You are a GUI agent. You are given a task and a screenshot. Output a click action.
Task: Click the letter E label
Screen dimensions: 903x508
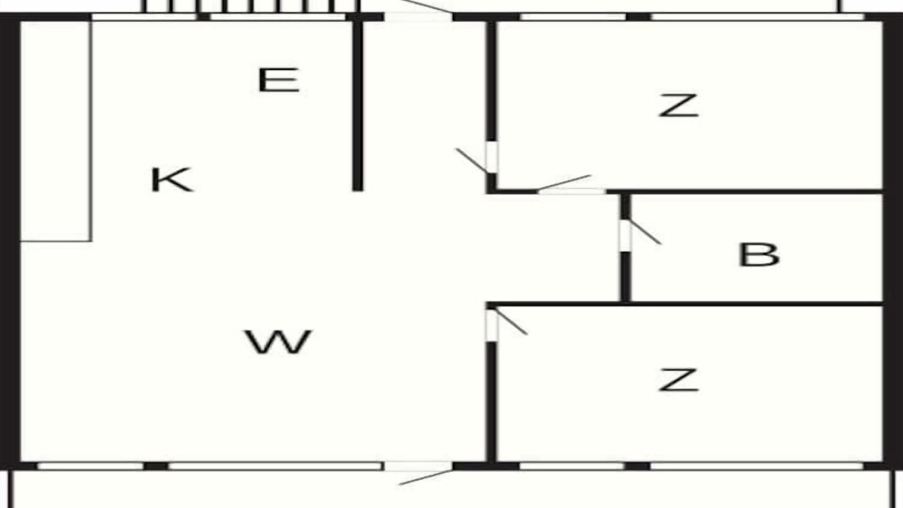279,80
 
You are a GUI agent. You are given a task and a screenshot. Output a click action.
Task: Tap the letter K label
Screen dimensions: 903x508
172,180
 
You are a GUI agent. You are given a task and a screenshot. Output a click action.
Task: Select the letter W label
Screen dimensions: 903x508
279,342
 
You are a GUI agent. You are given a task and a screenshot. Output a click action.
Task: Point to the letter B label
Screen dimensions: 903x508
759,255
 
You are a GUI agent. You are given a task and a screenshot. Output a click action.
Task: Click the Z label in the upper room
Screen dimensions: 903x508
679,106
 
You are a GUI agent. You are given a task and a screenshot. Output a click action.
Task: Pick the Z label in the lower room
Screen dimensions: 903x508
679,380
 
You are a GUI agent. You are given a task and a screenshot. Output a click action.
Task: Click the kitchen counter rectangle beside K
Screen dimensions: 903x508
56,131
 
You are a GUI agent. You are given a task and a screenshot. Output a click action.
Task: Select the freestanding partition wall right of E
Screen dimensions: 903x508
358,106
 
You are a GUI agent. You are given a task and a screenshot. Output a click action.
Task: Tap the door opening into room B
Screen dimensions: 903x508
626,236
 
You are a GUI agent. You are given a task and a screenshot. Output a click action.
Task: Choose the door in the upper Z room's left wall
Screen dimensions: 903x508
492,157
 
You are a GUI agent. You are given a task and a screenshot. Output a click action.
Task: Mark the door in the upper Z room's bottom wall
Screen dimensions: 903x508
572,191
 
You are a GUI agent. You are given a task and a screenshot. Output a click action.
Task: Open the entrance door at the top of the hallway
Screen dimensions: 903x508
418,17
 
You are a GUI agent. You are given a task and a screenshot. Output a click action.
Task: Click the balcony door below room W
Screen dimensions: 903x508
418,466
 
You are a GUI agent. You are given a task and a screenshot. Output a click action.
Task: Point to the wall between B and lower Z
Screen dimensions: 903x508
684,303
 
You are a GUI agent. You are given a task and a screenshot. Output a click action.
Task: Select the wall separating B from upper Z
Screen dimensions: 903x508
745,191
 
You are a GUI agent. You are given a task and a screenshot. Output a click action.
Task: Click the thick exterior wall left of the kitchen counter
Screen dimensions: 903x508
10,242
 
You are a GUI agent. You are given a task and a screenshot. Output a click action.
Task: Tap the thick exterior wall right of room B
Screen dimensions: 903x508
893,242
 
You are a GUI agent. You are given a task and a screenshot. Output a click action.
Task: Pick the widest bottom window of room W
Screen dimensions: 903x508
275,466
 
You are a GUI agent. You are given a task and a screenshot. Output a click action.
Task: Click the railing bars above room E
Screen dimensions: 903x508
250,6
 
